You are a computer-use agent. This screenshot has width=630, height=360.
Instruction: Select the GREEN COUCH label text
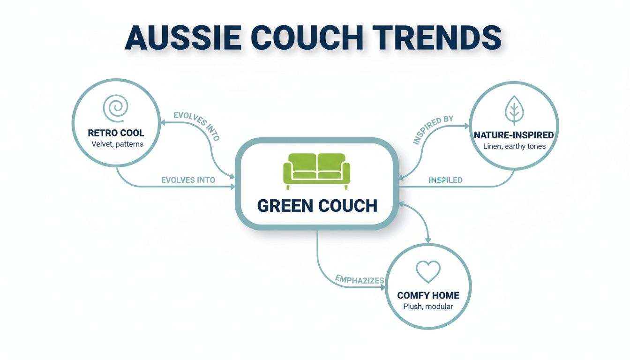(x=317, y=206)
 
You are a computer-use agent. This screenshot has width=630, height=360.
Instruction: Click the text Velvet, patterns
(x=117, y=144)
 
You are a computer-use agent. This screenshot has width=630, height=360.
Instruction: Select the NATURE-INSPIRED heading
(x=514, y=135)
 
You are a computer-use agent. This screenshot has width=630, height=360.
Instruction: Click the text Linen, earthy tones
(x=514, y=146)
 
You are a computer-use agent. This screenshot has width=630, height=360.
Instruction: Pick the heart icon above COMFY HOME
(x=428, y=271)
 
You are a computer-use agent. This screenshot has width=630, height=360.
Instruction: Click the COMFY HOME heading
(x=428, y=296)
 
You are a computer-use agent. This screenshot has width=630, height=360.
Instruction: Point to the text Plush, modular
(x=428, y=307)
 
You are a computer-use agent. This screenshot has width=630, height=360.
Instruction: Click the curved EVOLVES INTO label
(x=197, y=125)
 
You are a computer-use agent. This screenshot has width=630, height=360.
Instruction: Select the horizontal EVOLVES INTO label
(x=188, y=180)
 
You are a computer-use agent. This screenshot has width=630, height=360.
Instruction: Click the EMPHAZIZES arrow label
(x=360, y=280)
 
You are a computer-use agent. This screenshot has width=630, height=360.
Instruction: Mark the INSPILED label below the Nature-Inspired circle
(x=445, y=180)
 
